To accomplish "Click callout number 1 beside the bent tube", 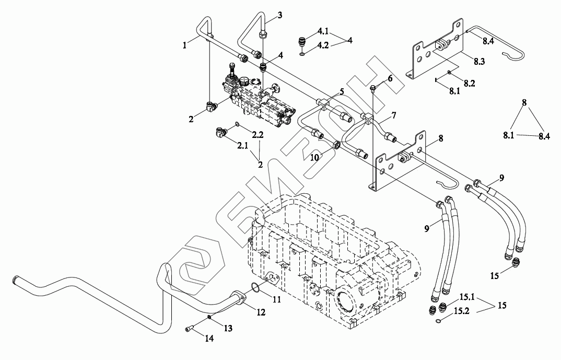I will pyautogui.click(x=185, y=46).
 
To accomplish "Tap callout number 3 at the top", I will pyautogui.click(x=279, y=15).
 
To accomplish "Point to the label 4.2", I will pyautogui.click(x=323, y=46).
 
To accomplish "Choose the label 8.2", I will pyautogui.click(x=470, y=83).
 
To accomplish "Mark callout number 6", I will pyautogui.click(x=389, y=79).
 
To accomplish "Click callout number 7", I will pyautogui.click(x=393, y=114).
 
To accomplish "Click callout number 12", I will pyautogui.click(x=261, y=312).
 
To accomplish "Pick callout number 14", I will pyautogui.click(x=209, y=339).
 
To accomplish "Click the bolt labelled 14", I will pyautogui.click(x=189, y=328).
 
